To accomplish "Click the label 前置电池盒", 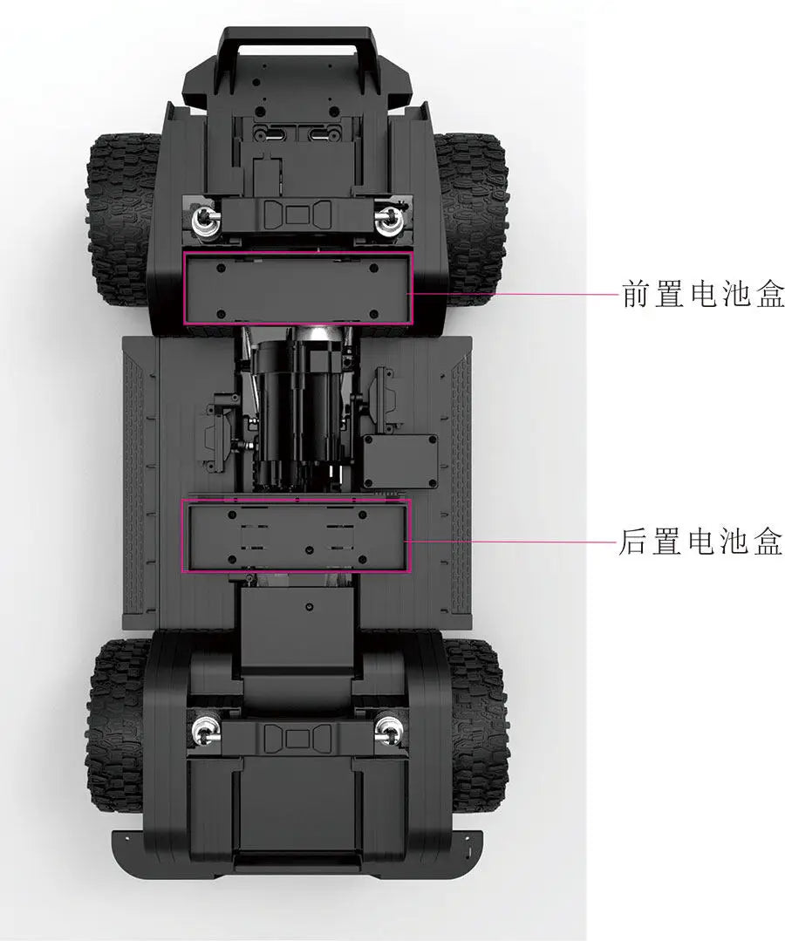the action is (x=702, y=293).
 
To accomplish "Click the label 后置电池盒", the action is (x=700, y=541).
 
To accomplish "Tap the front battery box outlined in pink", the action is (x=298, y=288).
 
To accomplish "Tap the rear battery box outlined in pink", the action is (x=297, y=536).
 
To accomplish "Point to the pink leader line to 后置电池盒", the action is (x=511, y=542).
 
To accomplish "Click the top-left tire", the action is (x=124, y=219).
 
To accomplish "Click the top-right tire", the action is (x=470, y=219).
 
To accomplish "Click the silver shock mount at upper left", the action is (x=204, y=221).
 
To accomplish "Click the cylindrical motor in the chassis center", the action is (x=297, y=408).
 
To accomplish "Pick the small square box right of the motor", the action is (x=400, y=461).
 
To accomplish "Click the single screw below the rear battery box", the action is (x=309, y=607).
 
